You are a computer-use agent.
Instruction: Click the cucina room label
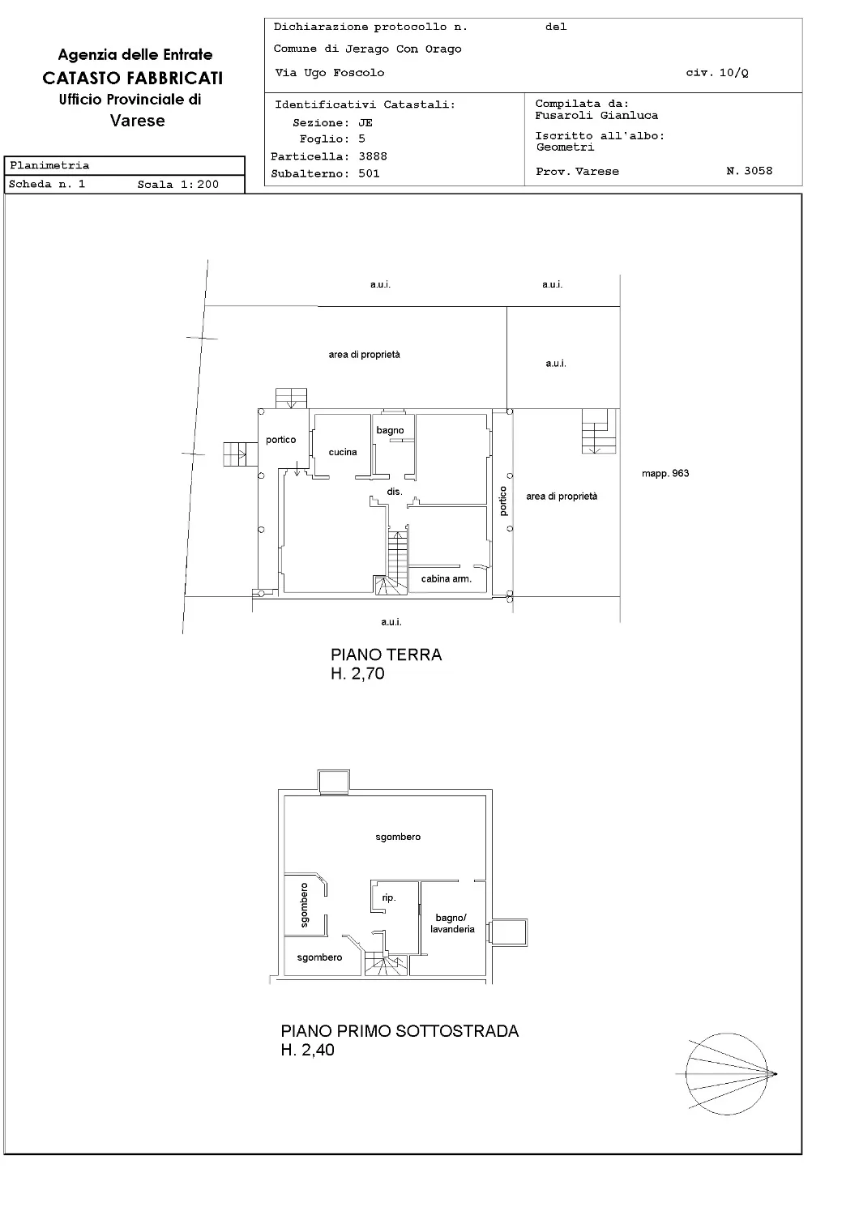coord(343,452)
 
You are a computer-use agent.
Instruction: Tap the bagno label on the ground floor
coord(390,431)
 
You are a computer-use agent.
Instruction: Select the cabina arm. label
coord(446,579)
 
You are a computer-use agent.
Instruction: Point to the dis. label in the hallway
coord(395,492)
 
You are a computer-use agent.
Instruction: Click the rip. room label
coord(388,897)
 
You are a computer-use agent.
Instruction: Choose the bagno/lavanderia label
coord(452,923)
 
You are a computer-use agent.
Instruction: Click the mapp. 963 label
coord(665,474)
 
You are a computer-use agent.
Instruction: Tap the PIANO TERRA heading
coord(387,654)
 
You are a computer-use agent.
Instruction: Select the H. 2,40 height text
coord(308,1050)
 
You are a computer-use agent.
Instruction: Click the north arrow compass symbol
coord(726,1073)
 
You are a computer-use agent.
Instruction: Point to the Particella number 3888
coord(373,156)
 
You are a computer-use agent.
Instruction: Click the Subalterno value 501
coord(369,173)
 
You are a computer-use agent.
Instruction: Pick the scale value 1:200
coord(199,185)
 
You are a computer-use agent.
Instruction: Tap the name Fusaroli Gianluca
coord(596,116)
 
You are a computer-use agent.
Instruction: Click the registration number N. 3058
coord(750,171)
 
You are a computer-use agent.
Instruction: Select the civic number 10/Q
coord(733,73)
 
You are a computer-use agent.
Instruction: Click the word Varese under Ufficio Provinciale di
coord(137,121)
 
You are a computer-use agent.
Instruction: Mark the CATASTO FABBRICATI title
coord(133,78)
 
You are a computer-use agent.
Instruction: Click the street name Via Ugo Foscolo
coord(329,73)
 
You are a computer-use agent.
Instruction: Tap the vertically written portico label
coord(503,501)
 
